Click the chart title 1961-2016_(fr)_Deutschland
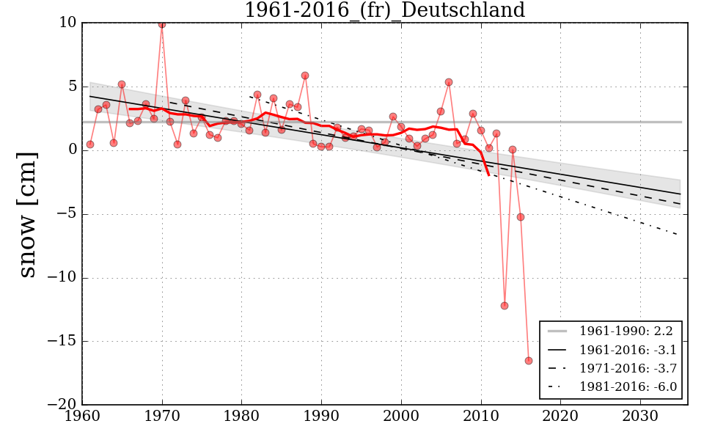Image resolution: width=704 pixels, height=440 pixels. pos(384,11)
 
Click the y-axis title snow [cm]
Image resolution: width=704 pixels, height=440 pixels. pos(27,214)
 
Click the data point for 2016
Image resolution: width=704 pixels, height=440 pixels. pos(528,360)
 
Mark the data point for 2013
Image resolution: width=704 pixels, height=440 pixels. pos(505,306)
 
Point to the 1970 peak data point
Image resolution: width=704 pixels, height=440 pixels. pos(161,24)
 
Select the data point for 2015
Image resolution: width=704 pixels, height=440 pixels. pos(521,217)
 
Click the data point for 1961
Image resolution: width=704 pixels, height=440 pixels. pos(90,144)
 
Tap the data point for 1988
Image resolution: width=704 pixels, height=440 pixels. pos(305,76)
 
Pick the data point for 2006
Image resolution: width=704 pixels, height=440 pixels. pos(449,82)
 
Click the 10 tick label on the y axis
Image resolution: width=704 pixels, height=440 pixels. pos(67,23)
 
